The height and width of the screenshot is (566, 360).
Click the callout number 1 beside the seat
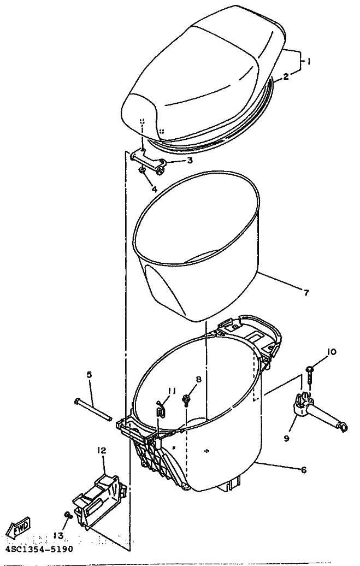pyautogui.click(x=309, y=61)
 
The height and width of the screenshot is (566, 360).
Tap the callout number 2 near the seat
pyautogui.click(x=286, y=76)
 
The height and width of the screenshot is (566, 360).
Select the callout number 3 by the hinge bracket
pyautogui.click(x=190, y=160)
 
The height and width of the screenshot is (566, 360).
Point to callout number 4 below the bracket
pyautogui.click(x=154, y=188)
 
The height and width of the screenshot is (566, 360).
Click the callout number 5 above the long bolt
pyautogui.click(x=89, y=374)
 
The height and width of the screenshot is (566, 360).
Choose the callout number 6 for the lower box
pyautogui.click(x=304, y=470)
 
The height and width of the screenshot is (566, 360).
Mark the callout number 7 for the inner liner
pyautogui.click(x=306, y=292)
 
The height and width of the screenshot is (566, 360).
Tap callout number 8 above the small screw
pyautogui.click(x=199, y=379)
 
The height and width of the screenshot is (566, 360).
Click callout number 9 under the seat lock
pyautogui.click(x=286, y=439)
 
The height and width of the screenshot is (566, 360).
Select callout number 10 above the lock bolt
pyautogui.click(x=331, y=352)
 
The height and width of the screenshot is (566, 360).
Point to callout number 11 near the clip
pyautogui.click(x=172, y=391)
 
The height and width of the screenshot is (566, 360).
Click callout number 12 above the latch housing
pyautogui.click(x=102, y=451)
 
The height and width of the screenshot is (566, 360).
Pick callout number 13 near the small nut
pyautogui.click(x=58, y=535)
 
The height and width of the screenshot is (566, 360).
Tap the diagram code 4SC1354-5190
pyautogui.click(x=39, y=549)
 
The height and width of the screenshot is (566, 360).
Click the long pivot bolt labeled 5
pyautogui.click(x=93, y=409)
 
